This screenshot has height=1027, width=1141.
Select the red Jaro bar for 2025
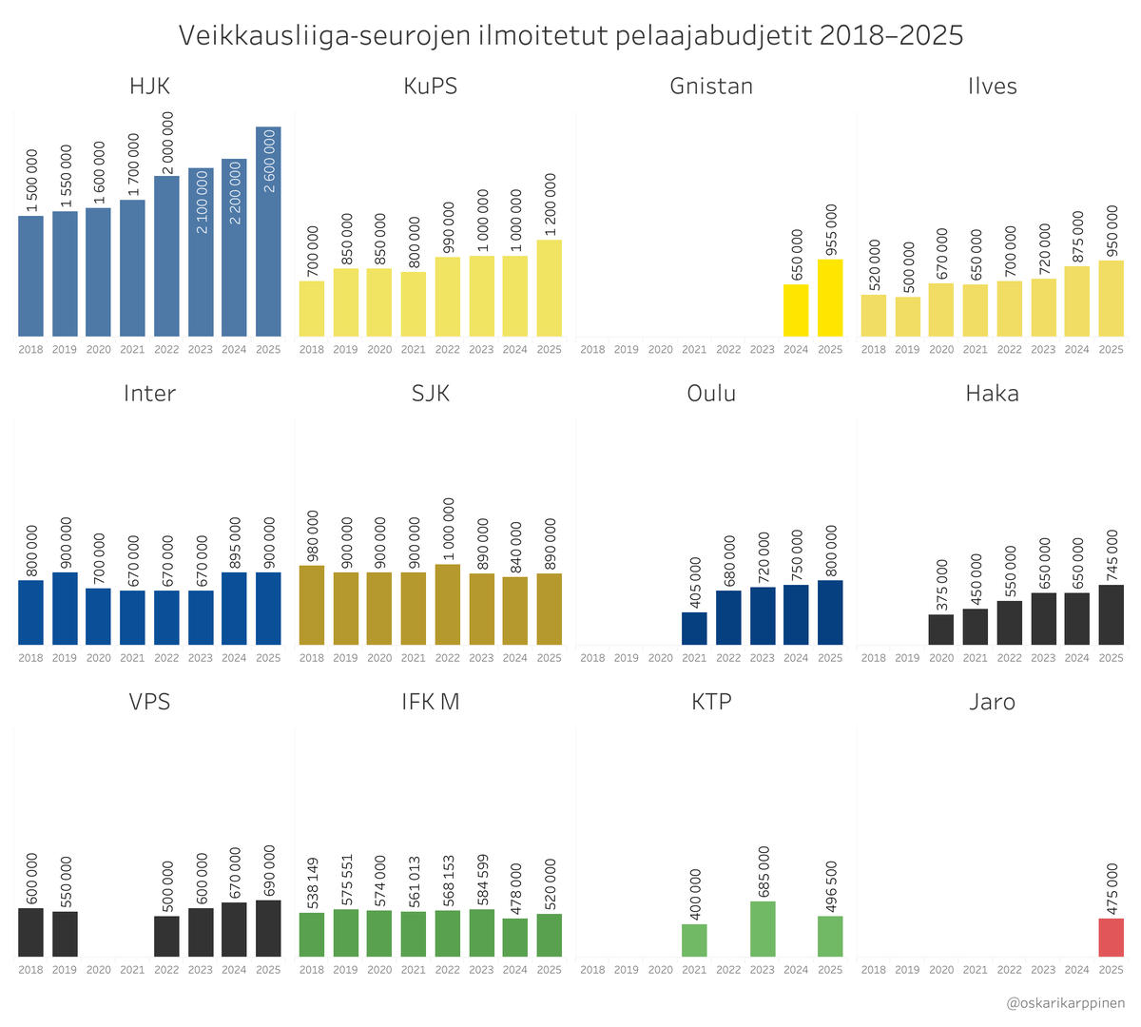(x=1111, y=938)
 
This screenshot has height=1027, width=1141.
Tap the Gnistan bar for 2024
(x=796, y=310)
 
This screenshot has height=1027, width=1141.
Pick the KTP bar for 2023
(x=763, y=929)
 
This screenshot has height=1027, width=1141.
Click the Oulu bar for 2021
(x=694, y=629)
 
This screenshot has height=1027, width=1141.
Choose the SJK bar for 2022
(x=448, y=605)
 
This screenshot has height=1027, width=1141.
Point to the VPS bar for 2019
(x=65, y=934)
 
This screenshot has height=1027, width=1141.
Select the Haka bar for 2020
(x=941, y=630)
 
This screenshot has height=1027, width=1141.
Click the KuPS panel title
(x=430, y=86)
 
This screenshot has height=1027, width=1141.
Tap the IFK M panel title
(x=430, y=702)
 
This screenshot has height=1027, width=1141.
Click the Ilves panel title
(x=992, y=86)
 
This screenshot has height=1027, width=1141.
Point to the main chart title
(x=570, y=35)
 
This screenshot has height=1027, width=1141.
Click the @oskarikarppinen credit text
(x=1065, y=1003)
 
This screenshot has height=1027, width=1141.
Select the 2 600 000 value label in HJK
(x=269, y=161)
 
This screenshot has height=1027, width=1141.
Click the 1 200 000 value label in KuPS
(x=550, y=203)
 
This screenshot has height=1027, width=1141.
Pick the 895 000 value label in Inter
(x=234, y=543)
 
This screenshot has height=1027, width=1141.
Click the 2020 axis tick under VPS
(x=99, y=970)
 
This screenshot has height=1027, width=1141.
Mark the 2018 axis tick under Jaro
(x=873, y=970)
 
